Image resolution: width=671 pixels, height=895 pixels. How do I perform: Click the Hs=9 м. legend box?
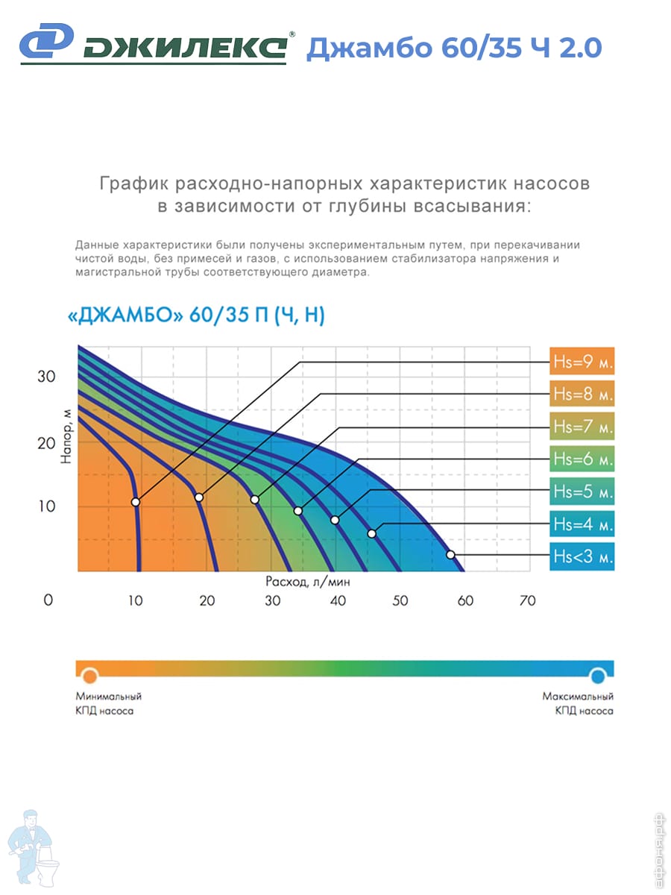pyautogui.click(x=582, y=362)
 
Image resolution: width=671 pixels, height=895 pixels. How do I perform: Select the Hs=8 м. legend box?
pyautogui.click(x=582, y=395)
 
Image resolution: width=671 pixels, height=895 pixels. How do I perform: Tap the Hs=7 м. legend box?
pyautogui.click(x=582, y=427)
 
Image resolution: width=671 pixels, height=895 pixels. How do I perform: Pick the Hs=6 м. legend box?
pyautogui.click(x=582, y=459)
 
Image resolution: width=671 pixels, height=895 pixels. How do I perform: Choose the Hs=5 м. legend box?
pyautogui.click(x=582, y=492)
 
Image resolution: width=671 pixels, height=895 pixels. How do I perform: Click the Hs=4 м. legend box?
pyautogui.click(x=582, y=524)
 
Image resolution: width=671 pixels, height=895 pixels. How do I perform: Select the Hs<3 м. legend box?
pyautogui.click(x=582, y=556)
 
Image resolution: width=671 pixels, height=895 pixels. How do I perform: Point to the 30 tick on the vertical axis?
pyautogui.click(x=46, y=377)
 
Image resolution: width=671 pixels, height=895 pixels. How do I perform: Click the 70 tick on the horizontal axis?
pyautogui.click(x=527, y=600)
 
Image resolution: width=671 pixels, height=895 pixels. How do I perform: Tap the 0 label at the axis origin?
pyautogui.click(x=48, y=600)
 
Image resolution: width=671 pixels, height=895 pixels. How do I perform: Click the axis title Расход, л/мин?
pyautogui.click(x=307, y=580)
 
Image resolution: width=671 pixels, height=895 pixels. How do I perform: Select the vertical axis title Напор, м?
pyautogui.click(x=66, y=440)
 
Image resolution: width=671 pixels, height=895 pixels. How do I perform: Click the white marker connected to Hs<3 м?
pyautogui.click(x=450, y=554)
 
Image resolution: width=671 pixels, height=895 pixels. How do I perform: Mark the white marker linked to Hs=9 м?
pyautogui.click(x=136, y=502)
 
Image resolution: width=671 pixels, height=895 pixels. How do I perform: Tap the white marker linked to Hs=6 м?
pyautogui.click(x=298, y=511)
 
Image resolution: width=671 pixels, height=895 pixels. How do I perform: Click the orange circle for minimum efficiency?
pyautogui.click(x=89, y=676)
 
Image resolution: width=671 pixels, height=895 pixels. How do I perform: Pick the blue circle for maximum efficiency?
pyautogui.click(x=597, y=676)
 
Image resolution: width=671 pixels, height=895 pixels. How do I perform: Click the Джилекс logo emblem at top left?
pyautogui.click(x=45, y=43)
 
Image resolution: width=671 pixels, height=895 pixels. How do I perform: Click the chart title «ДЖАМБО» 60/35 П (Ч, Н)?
pyautogui.click(x=196, y=316)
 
